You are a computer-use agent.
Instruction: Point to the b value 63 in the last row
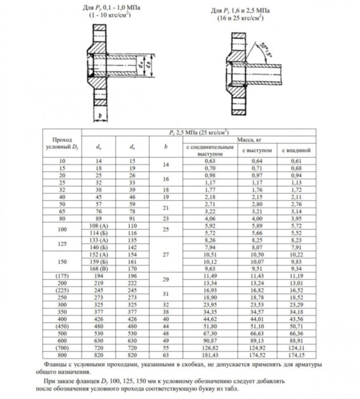coord(165,355)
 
